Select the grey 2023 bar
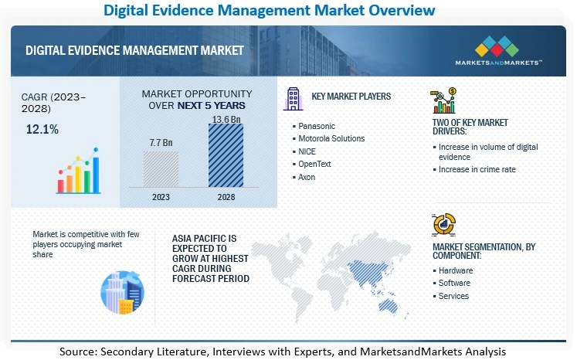(x=161, y=169)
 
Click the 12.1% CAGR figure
(x=42, y=129)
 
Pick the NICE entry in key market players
(x=307, y=151)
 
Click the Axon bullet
(x=307, y=177)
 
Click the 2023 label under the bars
(x=161, y=196)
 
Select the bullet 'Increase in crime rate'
(x=477, y=169)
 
